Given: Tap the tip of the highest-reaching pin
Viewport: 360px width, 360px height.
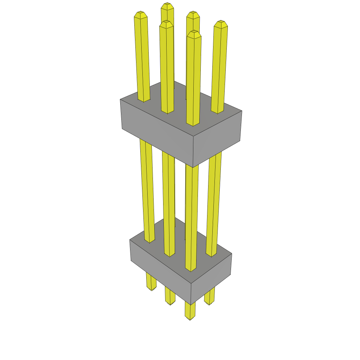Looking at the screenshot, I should pyautogui.click(x=167, y=5).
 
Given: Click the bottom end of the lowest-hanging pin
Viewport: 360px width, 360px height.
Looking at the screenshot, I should pyautogui.click(x=190, y=318).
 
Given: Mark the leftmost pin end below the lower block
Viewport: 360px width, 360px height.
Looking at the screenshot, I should pyautogui.click(x=152, y=288).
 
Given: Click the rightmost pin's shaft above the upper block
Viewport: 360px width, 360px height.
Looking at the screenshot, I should pyautogui.click(x=219, y=67).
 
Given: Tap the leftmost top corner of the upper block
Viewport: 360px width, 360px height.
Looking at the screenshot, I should pyautogui.click(x=120, y=99).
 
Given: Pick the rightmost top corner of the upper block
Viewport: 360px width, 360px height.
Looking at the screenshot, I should pyautogui.click(x=242, y=111).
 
